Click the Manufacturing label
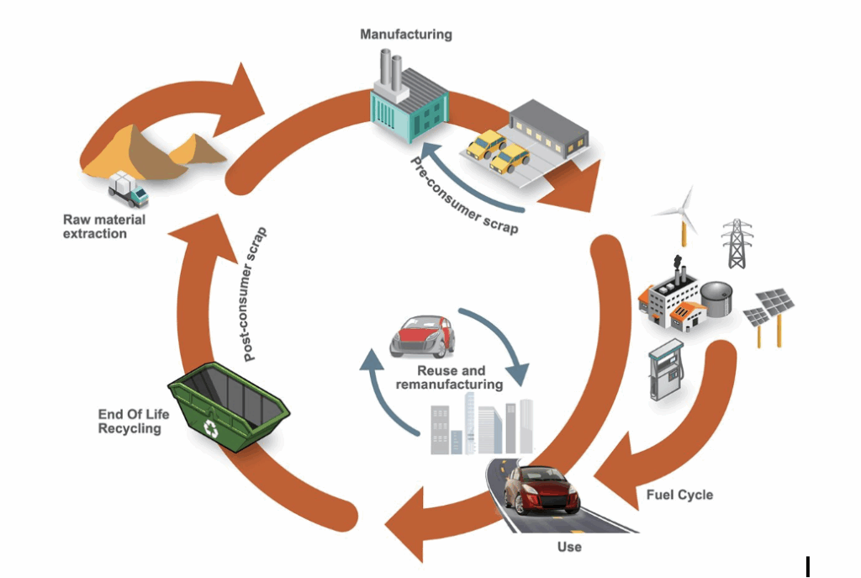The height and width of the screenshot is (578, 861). click(x=406, y=34)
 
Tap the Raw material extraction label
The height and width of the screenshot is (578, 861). click(x=104, y=226)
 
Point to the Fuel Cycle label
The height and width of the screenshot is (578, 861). click(x=679, y=494)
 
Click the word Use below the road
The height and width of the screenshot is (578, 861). click(x=569, y=547)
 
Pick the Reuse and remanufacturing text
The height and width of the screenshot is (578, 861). click(x=451, y=378)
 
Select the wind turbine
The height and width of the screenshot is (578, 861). click(x=679, y=215)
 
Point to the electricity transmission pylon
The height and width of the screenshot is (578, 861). click(x=737, y=243)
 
